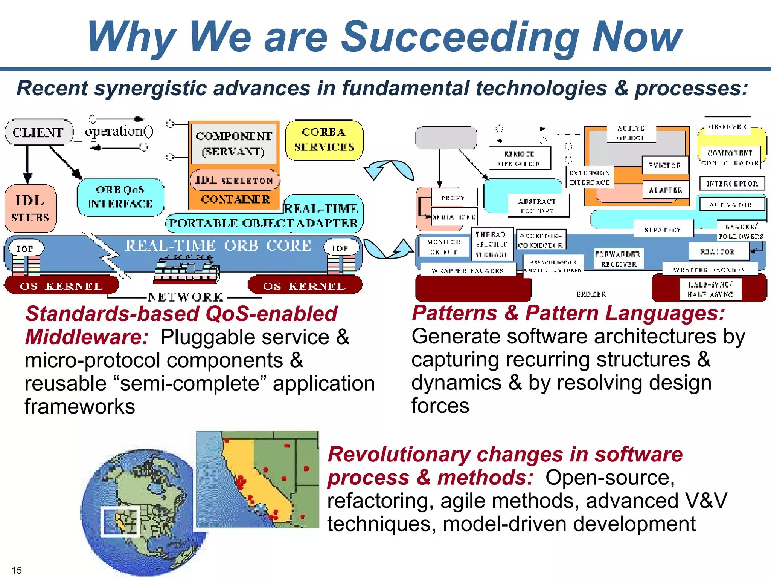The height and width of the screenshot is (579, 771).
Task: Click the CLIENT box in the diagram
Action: pyautogui.click(x=38, y=132)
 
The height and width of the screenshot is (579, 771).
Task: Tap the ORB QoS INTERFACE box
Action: pyautogui.click(x=120, y=197)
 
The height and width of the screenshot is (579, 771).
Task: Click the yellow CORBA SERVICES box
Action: pyautogui.click(x=324, y=140)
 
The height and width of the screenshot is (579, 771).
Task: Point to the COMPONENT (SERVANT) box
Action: pyautogui.click(x=234, y=143)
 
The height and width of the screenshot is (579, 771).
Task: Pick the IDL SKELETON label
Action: pyautogui.click(x=234, y=180)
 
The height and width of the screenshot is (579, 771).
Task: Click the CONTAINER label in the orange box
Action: pyautogui.click(x=236, y=199)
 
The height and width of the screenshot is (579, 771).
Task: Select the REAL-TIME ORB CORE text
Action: pyautogui.click(x=218, y=246)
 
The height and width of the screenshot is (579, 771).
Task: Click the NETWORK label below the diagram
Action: pyautogui.click(x=186, y=297)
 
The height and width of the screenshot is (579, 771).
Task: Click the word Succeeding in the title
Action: pyautogui.click(x=460, y=37)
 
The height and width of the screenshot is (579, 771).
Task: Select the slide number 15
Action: pyautogui.click(x=17, y=570)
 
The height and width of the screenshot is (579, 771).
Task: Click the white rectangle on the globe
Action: pyautogui.click(x=120, y=521)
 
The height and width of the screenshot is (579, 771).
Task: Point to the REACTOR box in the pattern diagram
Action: pyautogui.click(x=718, y=252)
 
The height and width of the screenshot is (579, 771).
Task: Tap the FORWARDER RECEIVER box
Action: pyautogui.click(x=619, y=259)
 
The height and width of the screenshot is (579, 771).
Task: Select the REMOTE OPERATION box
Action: pyautogui.click(x=520, y=158)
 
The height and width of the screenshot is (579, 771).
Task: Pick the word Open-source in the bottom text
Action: pyautogui.click(x=609, y=478)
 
